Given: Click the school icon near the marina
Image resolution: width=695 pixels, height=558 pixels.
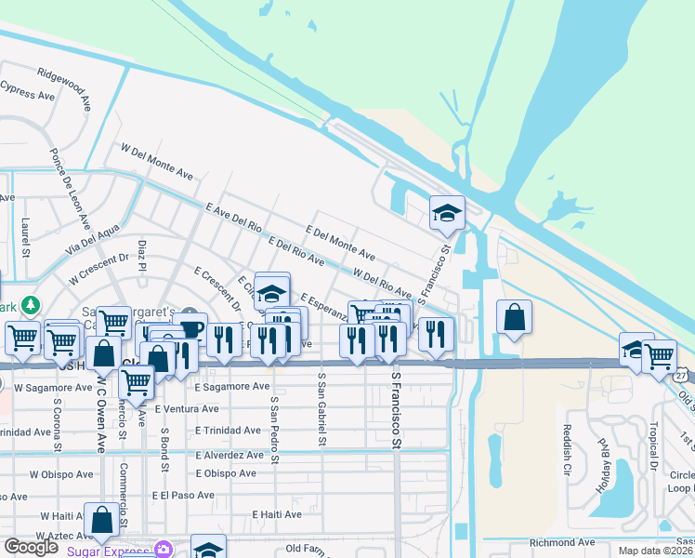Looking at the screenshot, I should point(447,214).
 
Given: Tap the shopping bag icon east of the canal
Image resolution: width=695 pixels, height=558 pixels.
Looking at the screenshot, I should point(514,318).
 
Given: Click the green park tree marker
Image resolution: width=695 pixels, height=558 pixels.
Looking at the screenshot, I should point(32,305).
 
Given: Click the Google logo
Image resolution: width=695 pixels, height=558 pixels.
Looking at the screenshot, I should point(31,547).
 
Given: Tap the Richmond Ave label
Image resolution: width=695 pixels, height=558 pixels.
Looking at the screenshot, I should point(562,542).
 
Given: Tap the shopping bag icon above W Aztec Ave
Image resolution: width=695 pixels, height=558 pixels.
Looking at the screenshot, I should point(101,522).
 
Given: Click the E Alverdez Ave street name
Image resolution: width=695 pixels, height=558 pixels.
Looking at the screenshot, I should point(229,455).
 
